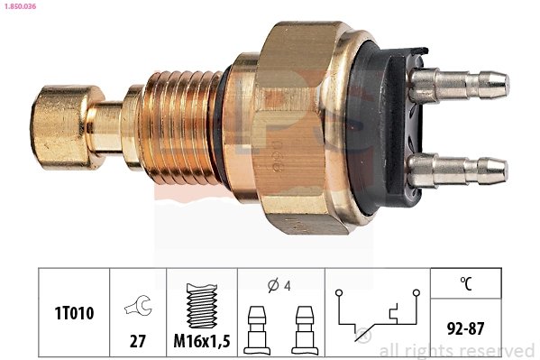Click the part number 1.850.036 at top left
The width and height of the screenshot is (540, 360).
pos(19,6)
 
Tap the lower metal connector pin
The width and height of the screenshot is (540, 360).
pos(460,168)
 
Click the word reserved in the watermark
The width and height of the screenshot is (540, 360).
pos(499,351)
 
